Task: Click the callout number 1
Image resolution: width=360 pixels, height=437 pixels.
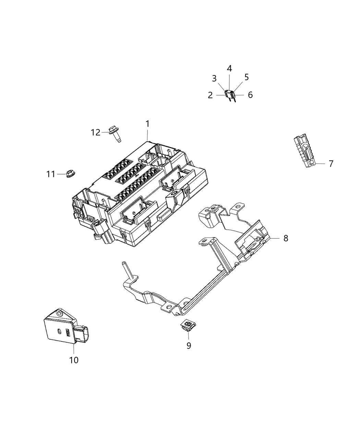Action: pos(147,123)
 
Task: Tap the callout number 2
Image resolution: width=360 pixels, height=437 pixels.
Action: pos(210,95)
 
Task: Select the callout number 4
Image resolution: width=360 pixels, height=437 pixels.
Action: pos(229,69)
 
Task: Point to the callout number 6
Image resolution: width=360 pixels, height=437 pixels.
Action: pos(250,95)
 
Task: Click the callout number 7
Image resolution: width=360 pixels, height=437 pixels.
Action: pos(331,164)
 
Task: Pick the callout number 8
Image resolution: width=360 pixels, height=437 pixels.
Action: pos(286,238)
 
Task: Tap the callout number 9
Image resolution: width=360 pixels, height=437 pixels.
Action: pos(189,345)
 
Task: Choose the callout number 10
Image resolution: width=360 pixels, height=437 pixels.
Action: pos(74,360)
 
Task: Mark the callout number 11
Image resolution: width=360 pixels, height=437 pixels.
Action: pos(51,174)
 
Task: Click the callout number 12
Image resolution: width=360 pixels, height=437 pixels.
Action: pos(96,132)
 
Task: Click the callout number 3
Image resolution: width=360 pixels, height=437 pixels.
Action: pos(214,78)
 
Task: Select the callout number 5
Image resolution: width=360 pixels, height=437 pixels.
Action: pos(247,77)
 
